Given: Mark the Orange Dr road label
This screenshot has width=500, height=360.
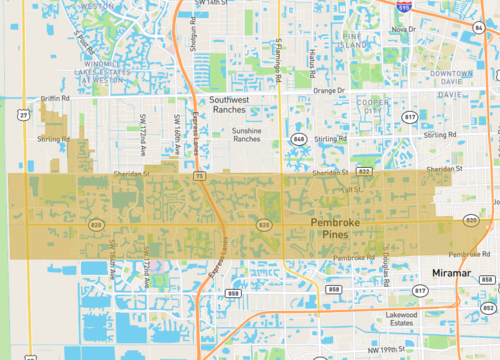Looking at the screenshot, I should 328,90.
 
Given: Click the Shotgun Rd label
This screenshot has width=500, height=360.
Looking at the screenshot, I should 196,33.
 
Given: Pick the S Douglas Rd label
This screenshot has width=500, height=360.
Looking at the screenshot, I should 384,271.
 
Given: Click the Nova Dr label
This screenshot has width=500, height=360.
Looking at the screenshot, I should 404,30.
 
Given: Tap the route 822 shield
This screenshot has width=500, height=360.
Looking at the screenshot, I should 365,172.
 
